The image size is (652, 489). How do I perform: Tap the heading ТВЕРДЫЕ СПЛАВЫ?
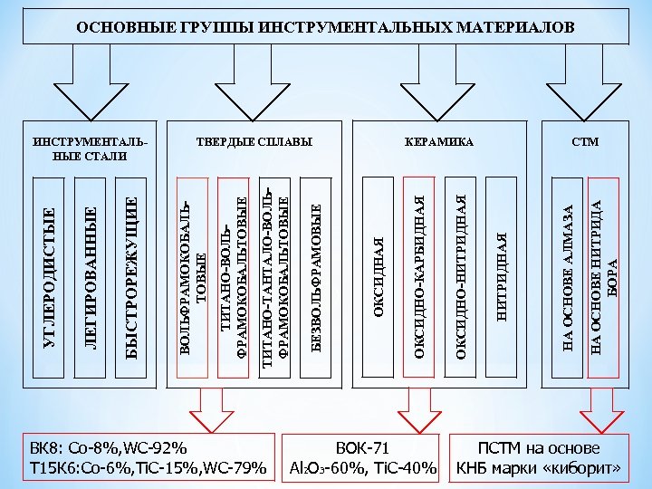[x=254, y=143]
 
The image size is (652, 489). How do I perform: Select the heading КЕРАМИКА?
[x=439, y=143]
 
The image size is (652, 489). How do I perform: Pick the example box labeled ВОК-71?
[x=362, y=458]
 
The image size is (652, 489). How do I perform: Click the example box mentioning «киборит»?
[x=539, y=458]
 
